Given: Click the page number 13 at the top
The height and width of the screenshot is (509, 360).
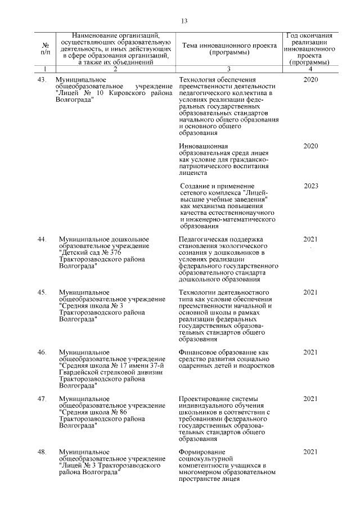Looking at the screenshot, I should [x=183, y=21].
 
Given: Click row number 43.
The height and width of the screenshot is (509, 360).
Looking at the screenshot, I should [x=41, y=80].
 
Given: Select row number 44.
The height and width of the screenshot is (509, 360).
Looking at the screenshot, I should [x=41, y=240].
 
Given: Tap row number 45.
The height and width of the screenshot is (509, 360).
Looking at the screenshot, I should [x=41, y=292].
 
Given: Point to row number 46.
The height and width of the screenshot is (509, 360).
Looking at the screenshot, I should [x=41, y=352].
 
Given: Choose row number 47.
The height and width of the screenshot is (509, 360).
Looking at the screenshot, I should [x=41, y=399].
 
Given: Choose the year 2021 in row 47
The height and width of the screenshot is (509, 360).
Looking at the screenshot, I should [x=311, y=399].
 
